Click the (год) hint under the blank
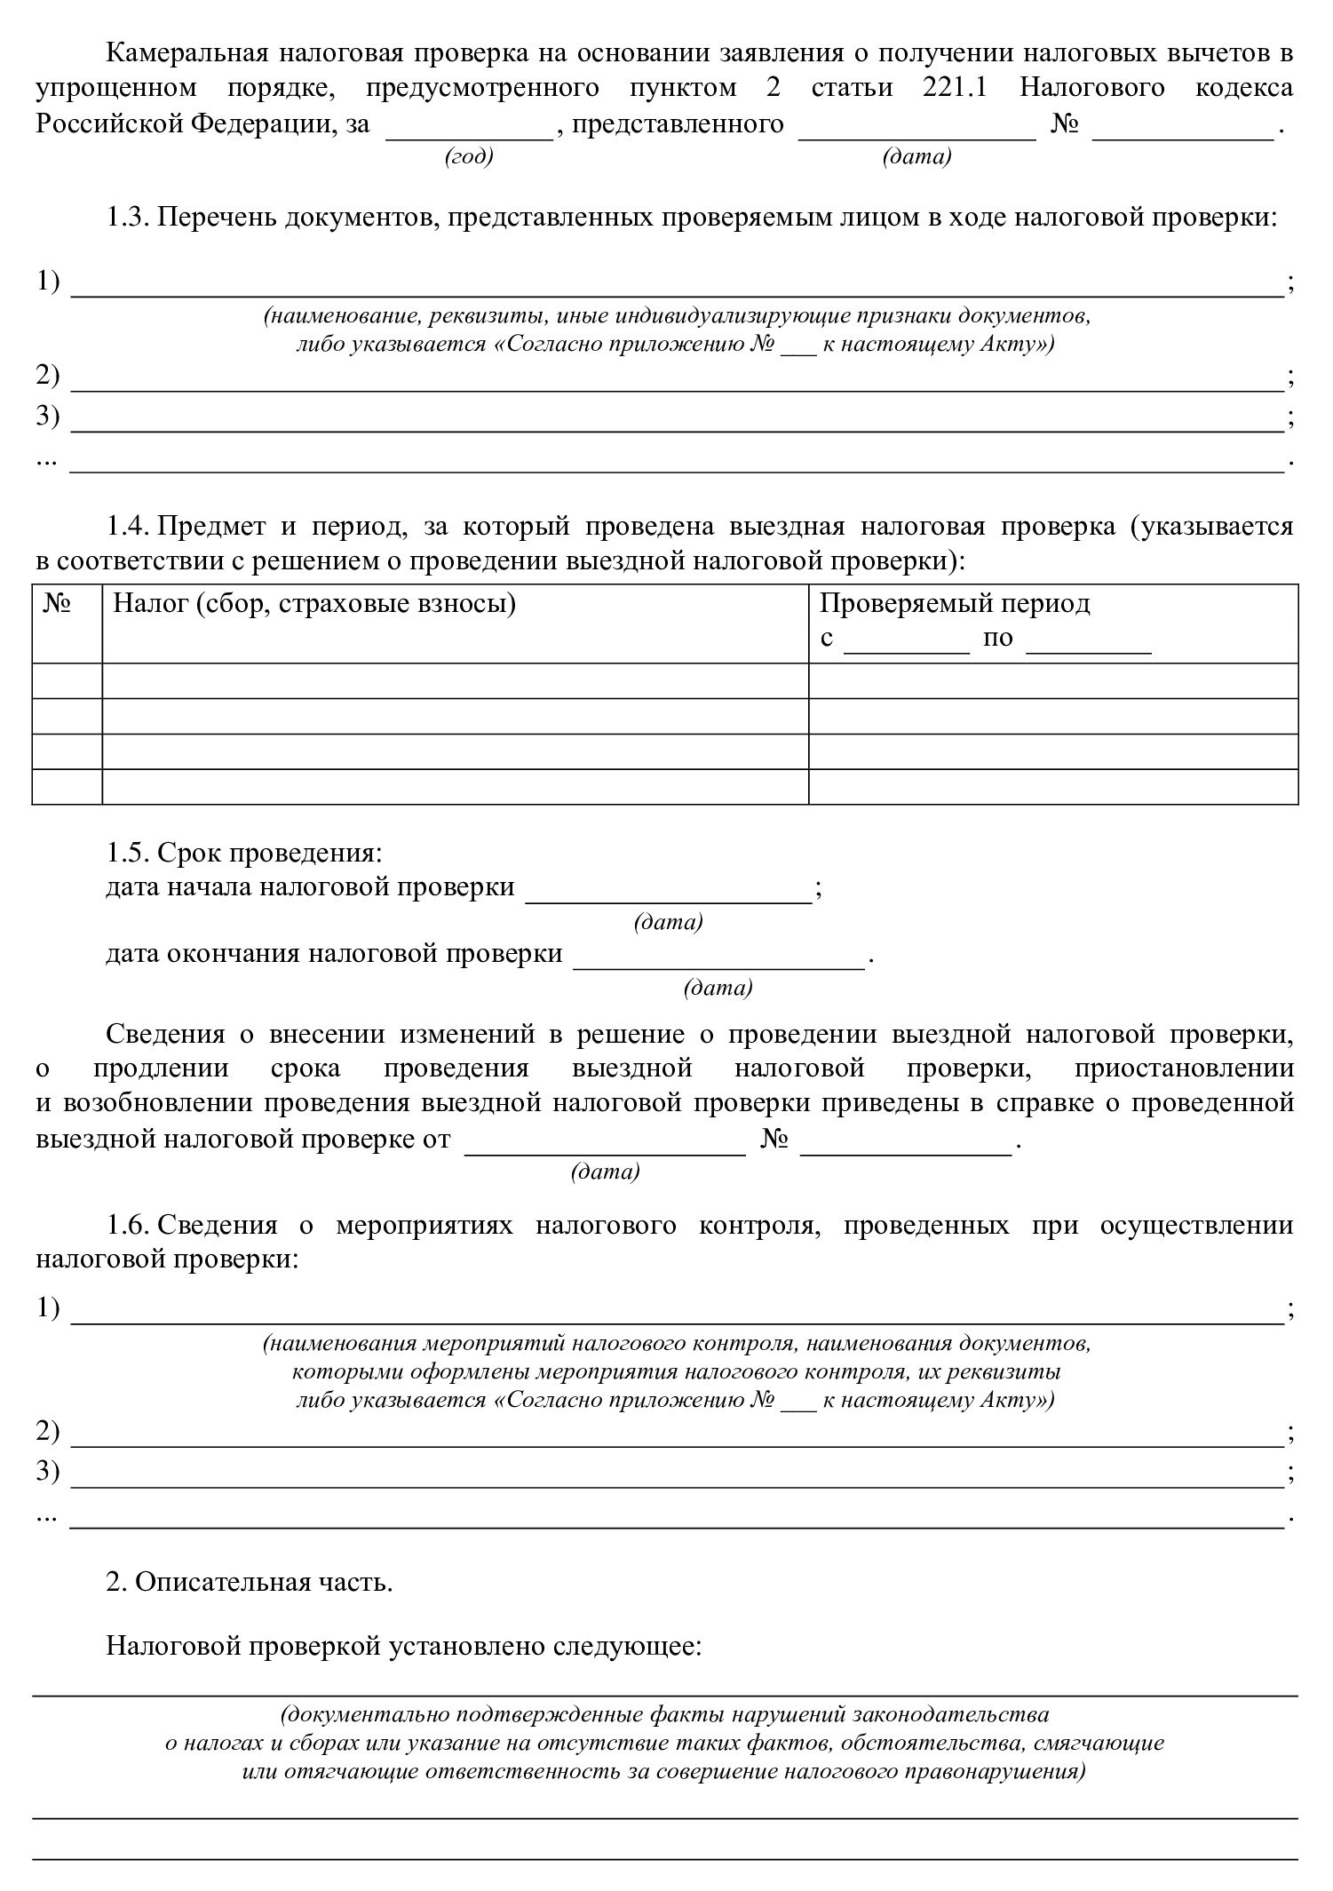[468, 157]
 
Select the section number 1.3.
[128, 218]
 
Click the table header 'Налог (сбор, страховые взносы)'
[314, 604]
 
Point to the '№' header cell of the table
[59, 604]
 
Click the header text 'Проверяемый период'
[954, 604]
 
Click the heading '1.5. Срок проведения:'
[244, 853]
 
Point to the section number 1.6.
[128, 1226]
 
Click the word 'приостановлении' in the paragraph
[1183, 1069]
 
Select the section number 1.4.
[128, 526]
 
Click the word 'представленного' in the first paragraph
[678, 123]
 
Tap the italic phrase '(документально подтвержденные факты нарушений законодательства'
[664, 1713]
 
